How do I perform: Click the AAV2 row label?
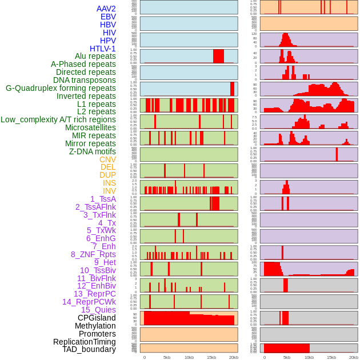[x=106, y=9]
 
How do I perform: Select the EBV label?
[x=107, y=17]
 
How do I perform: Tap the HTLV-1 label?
[x=102, y=49]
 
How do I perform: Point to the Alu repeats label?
[x=95, y=56]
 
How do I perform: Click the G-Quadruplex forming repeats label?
[x=61, y=88]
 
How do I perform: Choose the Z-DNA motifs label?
[x=92, y=151]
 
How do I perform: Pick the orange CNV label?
[x=107, y=159]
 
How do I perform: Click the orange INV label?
[x=109, y=191]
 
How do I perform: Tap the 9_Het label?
[x=105, y=262]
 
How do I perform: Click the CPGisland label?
[x=97, y=318]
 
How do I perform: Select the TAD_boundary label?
[x=89, y=349]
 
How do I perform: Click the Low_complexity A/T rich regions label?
[x=58, y=119]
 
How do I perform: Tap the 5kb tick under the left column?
[x=167, y=358]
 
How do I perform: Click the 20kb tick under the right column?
[x=354, y=358]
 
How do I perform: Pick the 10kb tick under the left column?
[x=189, y=358]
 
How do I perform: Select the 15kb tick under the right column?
[x=331, y=358]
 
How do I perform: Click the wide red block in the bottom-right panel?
[x=286, y=348]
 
